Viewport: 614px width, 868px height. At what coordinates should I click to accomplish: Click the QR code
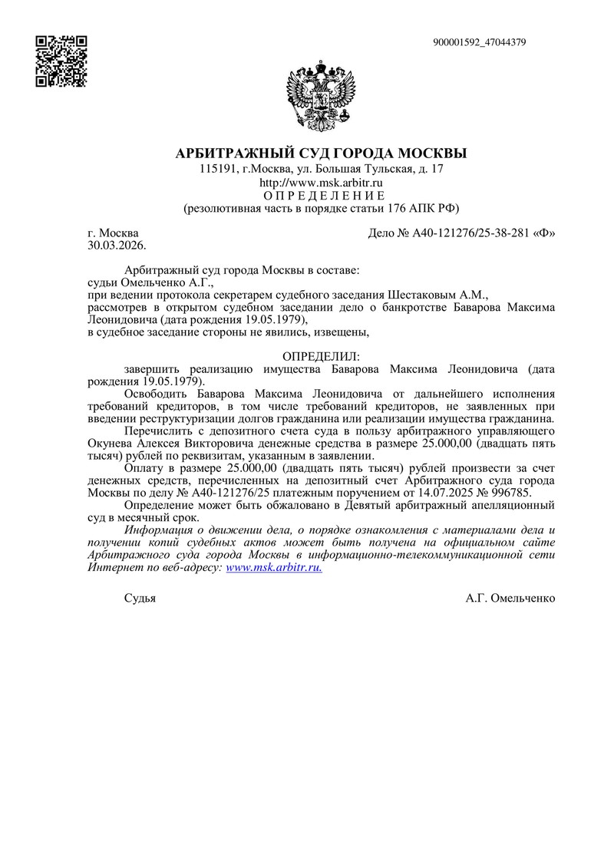pyautogui.click(x=62, y=61)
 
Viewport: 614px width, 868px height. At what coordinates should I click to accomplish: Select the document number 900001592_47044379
pyautogui.click(x=480, y=42)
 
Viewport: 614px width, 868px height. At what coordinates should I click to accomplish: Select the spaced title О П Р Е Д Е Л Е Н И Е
pyautogui.click(x=322, y=196)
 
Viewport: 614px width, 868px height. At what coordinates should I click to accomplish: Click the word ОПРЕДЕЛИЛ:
pyautogui.click(x=322, y=357)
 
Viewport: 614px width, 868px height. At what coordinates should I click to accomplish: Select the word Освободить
pyautogui.click(x=157, y=394)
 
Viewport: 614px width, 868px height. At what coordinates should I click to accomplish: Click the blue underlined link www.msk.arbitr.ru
pyautogui.click(x=274, y=567)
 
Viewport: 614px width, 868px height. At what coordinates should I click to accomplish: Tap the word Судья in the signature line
pyautogui.click(x=140, y=599)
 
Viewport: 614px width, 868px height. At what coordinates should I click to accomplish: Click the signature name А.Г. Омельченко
pyautogui.click(x=510, y=599)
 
